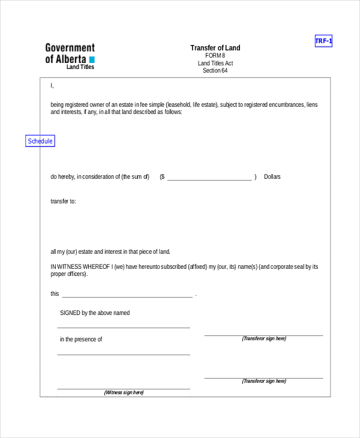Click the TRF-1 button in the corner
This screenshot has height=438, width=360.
click(x=323, y=41)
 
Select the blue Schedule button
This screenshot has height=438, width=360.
click(x=40, y=141)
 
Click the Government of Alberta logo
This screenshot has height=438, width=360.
click(x=70, y=53)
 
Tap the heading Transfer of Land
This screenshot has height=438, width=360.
click(x=215, y=48)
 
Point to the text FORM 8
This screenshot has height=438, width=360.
click(x=215, y=56)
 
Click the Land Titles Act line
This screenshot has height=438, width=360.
click(x=215, y=63)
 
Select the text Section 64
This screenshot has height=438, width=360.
click(x=215, y=71)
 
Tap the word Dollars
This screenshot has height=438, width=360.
click(x=272, y=177)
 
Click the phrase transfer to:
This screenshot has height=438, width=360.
click(x=63, y=202)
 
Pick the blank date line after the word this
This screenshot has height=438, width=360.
click(x=127, y=296)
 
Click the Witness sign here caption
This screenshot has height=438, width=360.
click(x=124, y=392)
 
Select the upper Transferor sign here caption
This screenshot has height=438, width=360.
click(x=264, y=339)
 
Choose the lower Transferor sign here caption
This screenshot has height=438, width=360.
click(x=264, y=381)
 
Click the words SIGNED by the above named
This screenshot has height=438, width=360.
click(x=95, y=313)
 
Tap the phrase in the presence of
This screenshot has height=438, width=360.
click(x=81, y=340)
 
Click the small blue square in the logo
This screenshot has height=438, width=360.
click(x=92, y=60)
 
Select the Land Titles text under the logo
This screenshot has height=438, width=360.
click(x=80, y=67)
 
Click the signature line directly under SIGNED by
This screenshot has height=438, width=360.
click(x=124, y=328)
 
